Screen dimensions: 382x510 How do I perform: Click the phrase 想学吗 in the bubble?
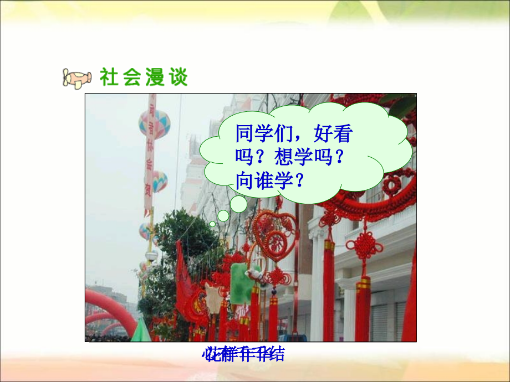coord(300,158)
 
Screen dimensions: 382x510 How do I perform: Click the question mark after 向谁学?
coord(299,180)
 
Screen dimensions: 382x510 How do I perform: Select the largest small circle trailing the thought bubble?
coord(239,204)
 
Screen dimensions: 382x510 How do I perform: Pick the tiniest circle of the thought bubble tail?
coord(212,224)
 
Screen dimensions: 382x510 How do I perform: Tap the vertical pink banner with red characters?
coord(150,155)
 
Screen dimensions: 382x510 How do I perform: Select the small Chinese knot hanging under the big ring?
coord(363,244)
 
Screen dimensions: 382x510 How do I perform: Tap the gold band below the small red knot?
coord(363,283)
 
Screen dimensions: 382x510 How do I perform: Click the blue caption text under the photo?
coord(244,355)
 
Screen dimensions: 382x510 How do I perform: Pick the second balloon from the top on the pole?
coord(159,181)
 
